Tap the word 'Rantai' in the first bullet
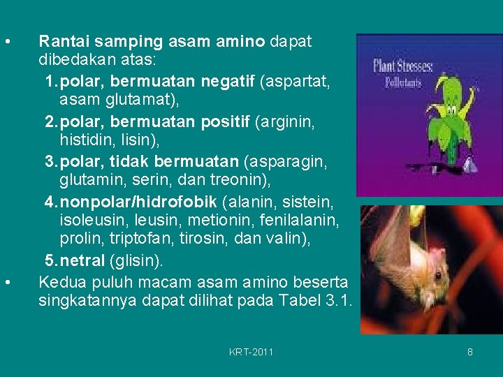pyautogui.click(x=62, y=41)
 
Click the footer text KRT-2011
pyautogui.click(x=251, y=352)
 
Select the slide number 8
pyautogui.click(x=470, y=352)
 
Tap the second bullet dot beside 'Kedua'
pyautogui.click(x=6, y=282)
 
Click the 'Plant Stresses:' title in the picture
pyautogui.click(x=403, y=67)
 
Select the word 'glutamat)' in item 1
pyautogui.click(x=147, y=102)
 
